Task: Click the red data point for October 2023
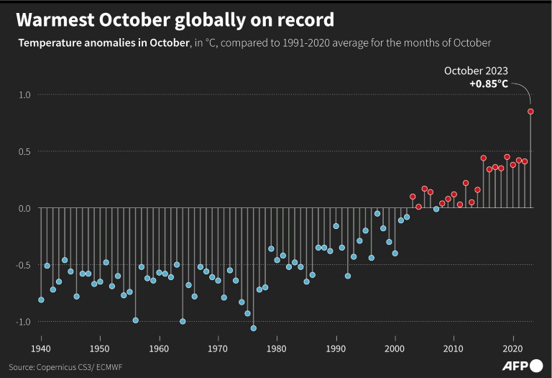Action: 530,112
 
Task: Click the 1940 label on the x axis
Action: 41,348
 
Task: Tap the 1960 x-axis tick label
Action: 159,348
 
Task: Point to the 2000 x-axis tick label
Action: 395,348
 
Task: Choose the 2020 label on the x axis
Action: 512,348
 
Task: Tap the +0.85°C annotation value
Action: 488,84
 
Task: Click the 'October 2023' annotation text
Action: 476,71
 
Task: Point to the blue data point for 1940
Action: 41,300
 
